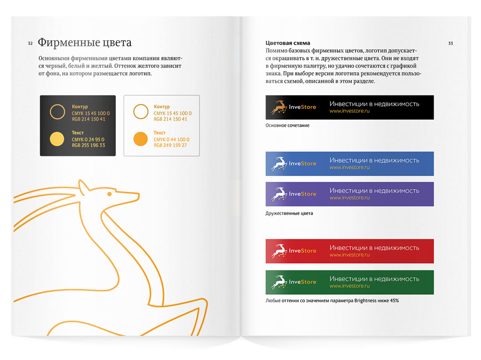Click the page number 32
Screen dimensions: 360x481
tap(30, 44)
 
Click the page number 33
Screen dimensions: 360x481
tap(450, 44)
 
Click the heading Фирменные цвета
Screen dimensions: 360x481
tap(84, 43)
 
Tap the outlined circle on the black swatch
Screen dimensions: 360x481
tap(57, 112)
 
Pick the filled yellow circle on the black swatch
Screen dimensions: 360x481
tap(57, 138)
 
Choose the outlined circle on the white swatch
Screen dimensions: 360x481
tap(141, 112)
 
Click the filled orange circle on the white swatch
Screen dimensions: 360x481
tap(141, 138)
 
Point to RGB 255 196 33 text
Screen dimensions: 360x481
tap(88, 146)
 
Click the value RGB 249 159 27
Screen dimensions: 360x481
tap(170, 146)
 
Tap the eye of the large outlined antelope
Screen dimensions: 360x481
tap(109, 195)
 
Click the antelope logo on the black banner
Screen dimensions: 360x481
tap(279, 107)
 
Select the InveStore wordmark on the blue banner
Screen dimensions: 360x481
tap(302, 163)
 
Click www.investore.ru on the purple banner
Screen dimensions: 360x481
tap(349, 198)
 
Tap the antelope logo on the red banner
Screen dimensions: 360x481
tap(278, 251)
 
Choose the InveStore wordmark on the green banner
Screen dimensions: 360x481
tap(302, 282)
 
